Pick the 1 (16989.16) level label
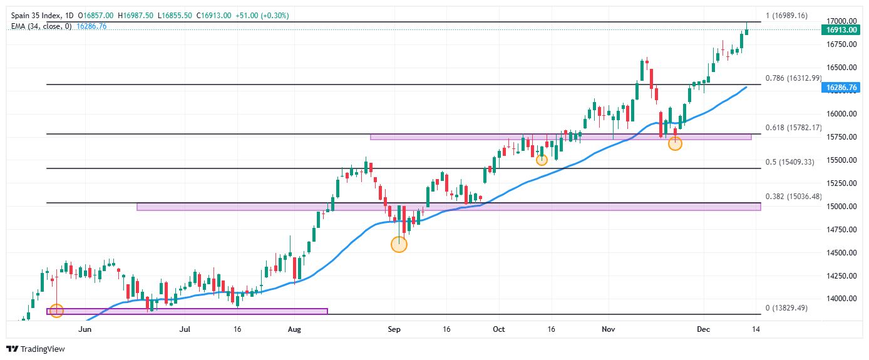[787, 16]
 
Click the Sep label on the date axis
[394, 328]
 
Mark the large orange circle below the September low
[399, 244]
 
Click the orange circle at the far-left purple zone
[56, 311]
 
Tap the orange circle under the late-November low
[675, 144]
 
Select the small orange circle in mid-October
[542, 160]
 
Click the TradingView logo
[36, 349]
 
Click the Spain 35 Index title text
[33, 16]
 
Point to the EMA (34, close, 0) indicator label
[41, 26]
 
